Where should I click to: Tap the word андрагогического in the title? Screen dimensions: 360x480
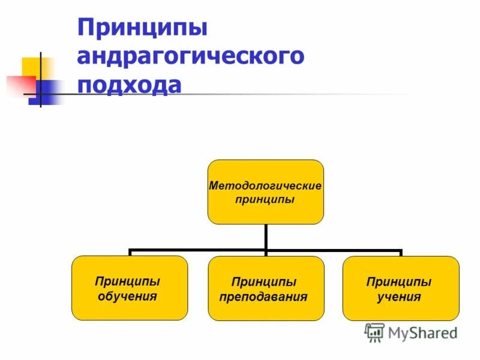click(191, 57)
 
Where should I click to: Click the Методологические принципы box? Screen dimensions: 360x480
click(265, 192)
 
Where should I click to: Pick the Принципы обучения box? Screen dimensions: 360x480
click(130, 288)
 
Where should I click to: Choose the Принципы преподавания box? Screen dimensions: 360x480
click(266, 289)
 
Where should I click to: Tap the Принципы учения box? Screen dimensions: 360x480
click(400, 289)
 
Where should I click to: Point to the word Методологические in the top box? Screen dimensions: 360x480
click(265, 186)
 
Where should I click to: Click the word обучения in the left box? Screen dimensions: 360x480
click(129, 296)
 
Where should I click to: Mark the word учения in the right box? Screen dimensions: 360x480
click(399, 297)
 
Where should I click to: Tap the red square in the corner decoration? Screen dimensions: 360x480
click(18, 84)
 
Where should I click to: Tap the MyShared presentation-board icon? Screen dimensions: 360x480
click(374, 332)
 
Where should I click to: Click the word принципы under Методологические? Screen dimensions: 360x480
click(265, 200)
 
